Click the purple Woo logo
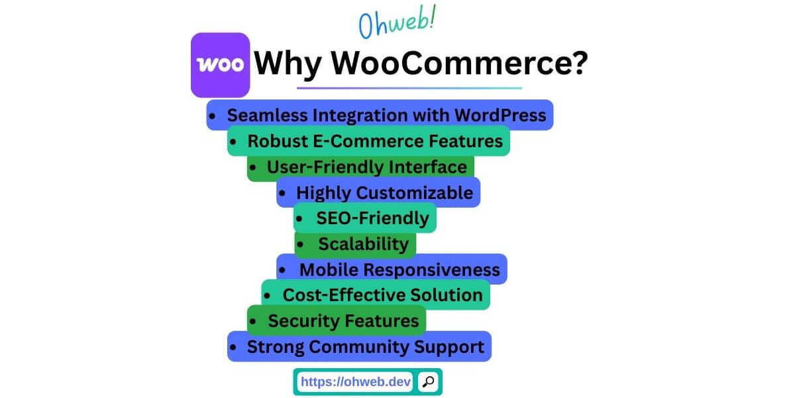[220, 65]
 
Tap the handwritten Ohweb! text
[397, 23]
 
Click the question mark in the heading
[578, 64]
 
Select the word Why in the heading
[290, 64]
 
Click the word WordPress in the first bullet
[500, 115]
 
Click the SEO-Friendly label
[372, 218]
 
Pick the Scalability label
[363, 244]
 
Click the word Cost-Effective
[336, 295]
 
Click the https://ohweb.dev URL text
[356, 381]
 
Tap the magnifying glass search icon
[429, 381]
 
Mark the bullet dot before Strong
[233, 348]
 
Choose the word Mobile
[329, 270]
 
